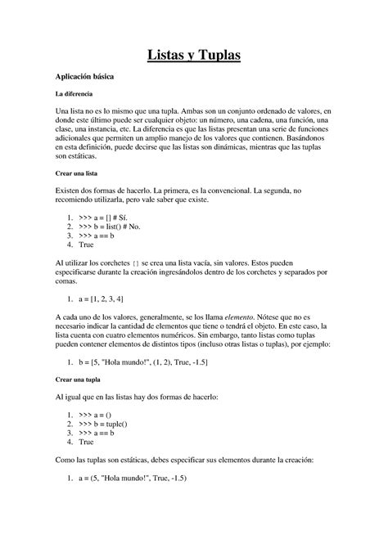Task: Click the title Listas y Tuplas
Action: (194, 55)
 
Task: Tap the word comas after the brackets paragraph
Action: (66, 280)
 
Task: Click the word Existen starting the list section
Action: (70, 189)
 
